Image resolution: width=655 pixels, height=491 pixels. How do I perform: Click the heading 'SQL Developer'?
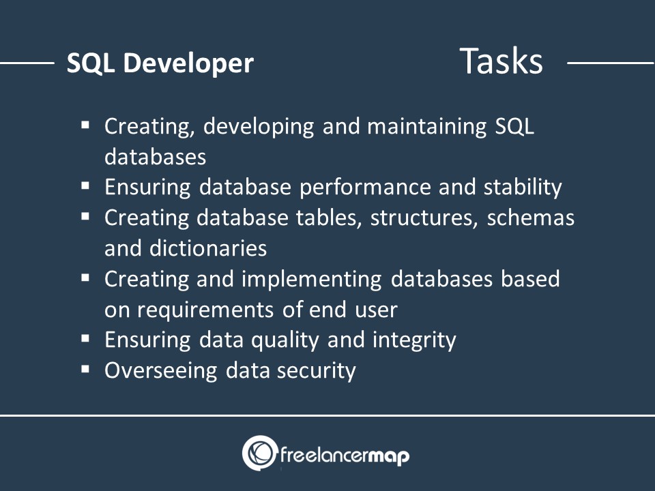pos(160,63)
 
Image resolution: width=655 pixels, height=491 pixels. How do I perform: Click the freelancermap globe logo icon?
pos(260,453)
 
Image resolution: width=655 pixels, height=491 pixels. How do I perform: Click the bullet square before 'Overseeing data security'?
pos(86,369)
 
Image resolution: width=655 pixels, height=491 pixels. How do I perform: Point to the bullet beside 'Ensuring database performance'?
pos(86,185)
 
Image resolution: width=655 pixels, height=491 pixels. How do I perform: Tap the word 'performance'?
pos(365,188)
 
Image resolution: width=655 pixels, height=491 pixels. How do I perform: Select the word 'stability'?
pos(523,187)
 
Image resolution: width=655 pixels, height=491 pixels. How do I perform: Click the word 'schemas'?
pos(531,218)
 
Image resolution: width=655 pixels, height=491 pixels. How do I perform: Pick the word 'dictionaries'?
pos(208,248)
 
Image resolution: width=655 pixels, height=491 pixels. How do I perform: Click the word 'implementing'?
pos(312,280)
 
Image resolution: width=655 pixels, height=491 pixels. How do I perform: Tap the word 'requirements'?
pos(205,310)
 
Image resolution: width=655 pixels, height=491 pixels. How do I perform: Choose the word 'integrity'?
pos(414,340)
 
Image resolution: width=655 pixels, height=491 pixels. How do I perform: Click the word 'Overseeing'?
pos(161,371)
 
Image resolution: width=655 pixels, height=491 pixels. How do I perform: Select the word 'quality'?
pos(285,340)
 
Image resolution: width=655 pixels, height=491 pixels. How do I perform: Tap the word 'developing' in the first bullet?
pos(259,127)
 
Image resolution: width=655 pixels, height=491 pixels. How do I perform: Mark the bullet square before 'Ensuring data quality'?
pos(86,338)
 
